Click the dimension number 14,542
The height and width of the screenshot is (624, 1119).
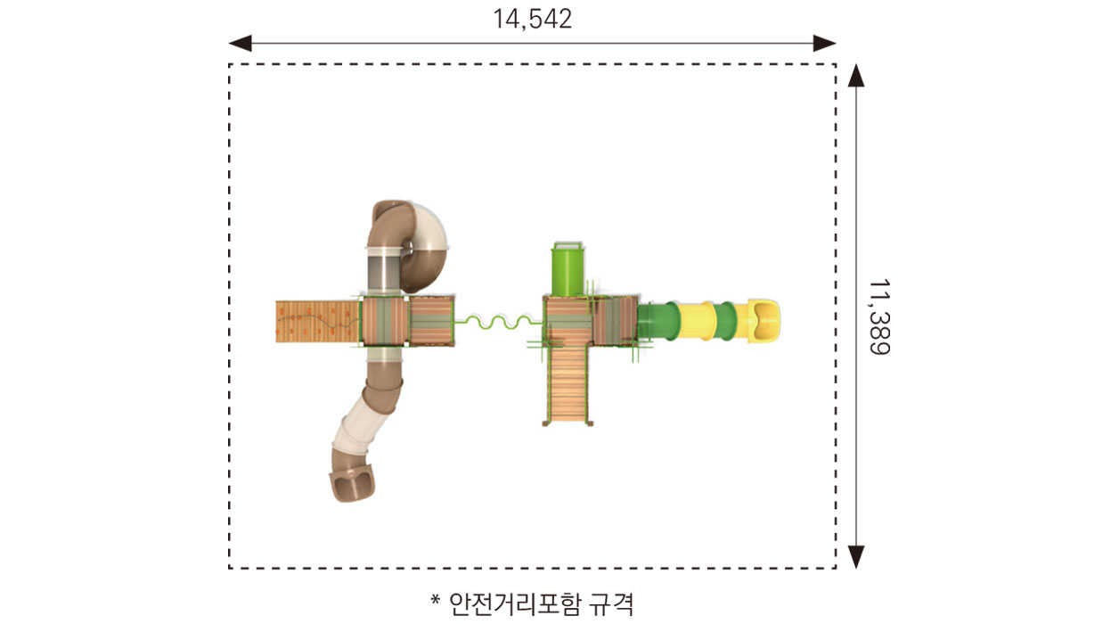533,20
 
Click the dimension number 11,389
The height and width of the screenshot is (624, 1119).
879,317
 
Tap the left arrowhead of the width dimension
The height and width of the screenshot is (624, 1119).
240,44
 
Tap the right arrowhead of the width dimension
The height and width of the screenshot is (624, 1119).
824,44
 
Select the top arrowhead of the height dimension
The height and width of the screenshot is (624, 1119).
856,76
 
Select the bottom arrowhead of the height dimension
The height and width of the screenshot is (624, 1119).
856,556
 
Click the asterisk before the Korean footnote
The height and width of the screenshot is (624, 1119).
436,600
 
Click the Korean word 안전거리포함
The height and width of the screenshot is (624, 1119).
515,604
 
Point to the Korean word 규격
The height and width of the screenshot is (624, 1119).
611,604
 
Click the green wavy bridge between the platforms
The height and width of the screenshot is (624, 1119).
499,322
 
